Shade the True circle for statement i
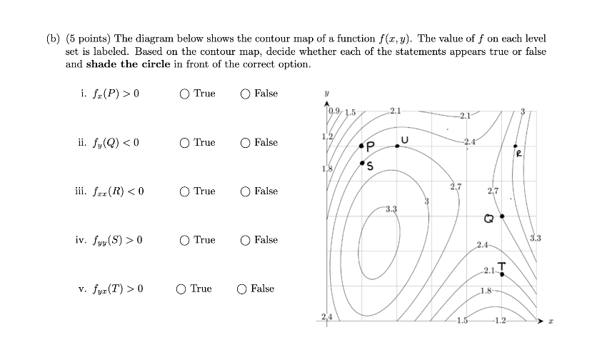(185, 94)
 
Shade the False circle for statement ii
(246, 143)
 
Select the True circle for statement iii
(185, 191)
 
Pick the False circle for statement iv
(246, 240)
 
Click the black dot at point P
(362, 147)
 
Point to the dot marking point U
(398, 145)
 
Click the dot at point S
(362, 162)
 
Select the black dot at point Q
(501, 216)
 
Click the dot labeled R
(515, 146)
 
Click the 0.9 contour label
(334, 110)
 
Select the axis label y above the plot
(326, 94)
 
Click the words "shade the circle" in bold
(124, 64)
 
